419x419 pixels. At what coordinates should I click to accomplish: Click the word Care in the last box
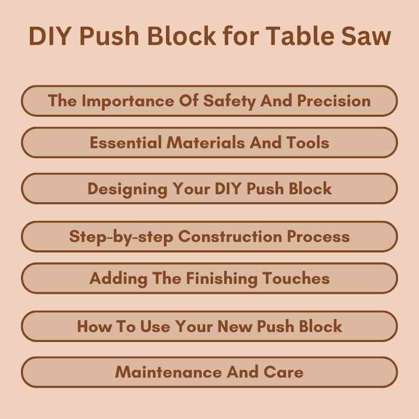pos(284,372)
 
